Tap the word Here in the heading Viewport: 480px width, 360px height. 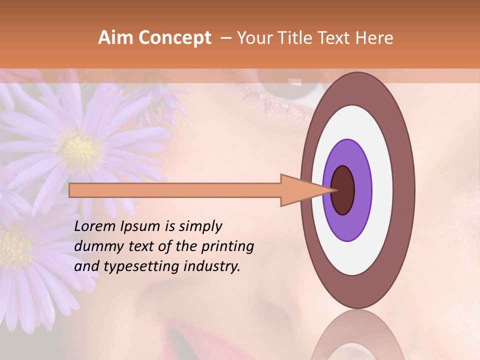pos(375,37)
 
